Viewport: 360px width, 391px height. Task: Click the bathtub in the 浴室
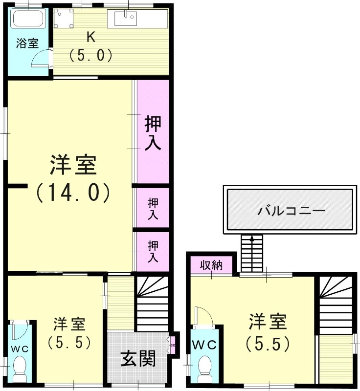point(28,20)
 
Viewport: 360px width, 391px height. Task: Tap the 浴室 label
point(27,43)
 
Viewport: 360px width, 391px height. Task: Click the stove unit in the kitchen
point(63,20)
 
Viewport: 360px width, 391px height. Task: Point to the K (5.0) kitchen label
point(91,46)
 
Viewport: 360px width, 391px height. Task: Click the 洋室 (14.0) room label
point(72,178)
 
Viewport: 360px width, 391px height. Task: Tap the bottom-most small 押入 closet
point(153,251)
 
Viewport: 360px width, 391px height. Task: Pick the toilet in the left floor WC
point(21,367)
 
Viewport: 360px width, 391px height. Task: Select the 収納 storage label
point(211,265)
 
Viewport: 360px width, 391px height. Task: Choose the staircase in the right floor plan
point(335,303)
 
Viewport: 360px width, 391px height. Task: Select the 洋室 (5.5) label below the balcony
point(267,333)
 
